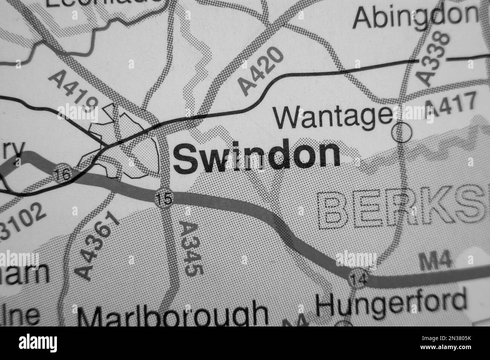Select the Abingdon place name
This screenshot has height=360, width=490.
415,17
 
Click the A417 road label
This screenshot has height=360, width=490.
451,107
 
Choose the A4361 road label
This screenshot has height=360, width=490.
99,245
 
